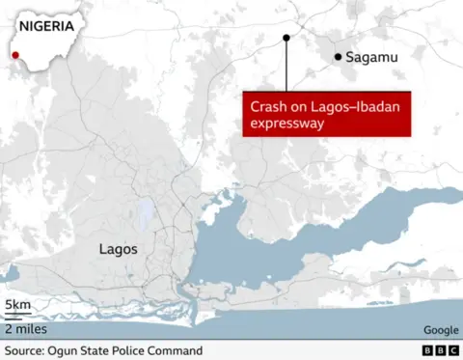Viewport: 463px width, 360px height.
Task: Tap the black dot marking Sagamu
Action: point(338,58)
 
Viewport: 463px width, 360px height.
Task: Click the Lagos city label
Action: point(119,249)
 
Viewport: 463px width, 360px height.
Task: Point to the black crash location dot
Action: point(286,39)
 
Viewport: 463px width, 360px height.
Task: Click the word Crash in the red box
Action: point(268,106)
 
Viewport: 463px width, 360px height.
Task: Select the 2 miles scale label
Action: point(25,327)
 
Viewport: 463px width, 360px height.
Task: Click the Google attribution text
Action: point(441,329)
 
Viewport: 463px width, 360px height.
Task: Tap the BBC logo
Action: point(440,351)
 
